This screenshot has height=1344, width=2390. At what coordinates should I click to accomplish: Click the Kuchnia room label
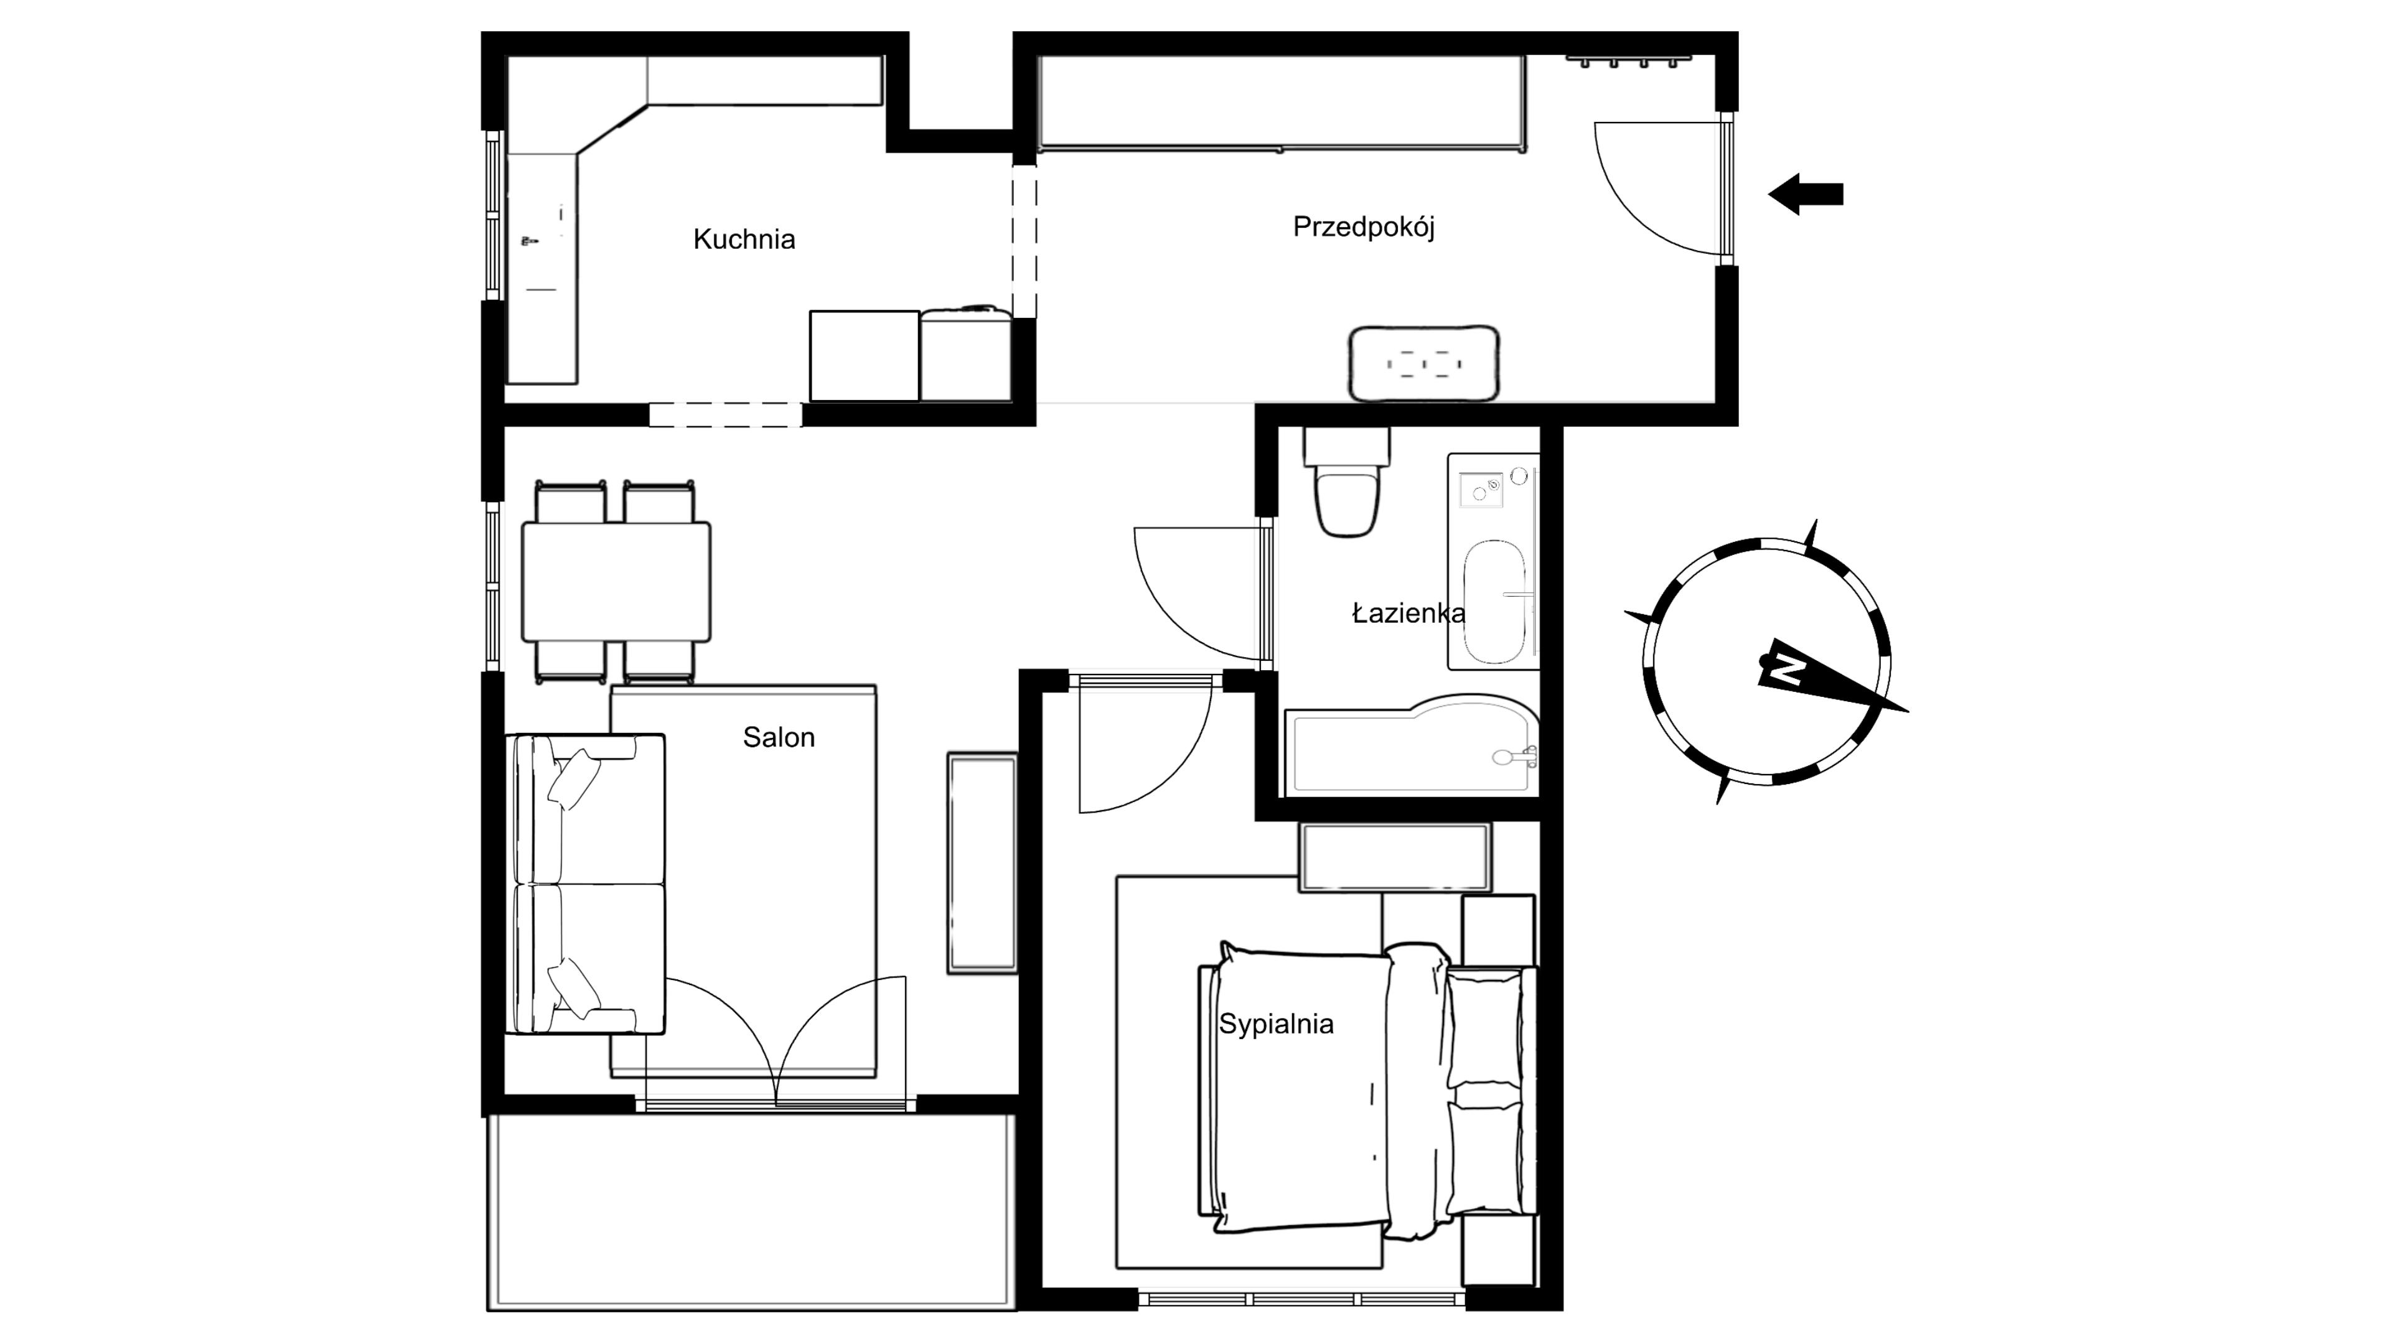point(744,240)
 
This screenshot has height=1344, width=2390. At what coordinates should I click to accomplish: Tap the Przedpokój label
point(1364,227)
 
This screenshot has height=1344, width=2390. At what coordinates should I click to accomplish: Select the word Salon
point(779,737)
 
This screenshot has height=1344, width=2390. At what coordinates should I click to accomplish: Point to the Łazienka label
point(1408,613)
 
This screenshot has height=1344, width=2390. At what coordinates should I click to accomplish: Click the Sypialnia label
point(1276,1024)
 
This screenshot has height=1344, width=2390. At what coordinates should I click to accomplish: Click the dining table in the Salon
point(616,582)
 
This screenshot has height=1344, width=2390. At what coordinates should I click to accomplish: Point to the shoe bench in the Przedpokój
point(1423,363)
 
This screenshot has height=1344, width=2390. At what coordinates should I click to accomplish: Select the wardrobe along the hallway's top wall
point(1282,103)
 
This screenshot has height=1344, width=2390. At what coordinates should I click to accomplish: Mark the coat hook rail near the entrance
point(1628,60)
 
